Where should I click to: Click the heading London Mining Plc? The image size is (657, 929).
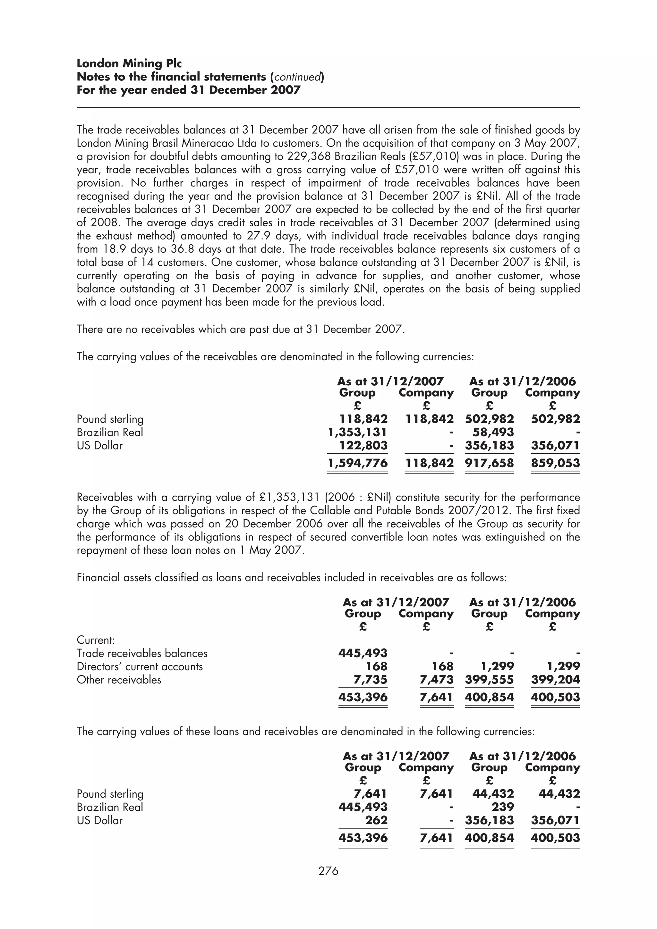(x=129, y=63)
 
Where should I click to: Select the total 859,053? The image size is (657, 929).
(x=555, y=463)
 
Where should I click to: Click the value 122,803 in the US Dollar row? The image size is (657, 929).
(x=363, y=446)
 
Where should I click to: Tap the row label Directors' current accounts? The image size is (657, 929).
(x=140, y=666)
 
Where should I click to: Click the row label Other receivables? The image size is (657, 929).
(x=119, y=680)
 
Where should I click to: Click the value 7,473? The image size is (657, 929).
(x=436, y=680)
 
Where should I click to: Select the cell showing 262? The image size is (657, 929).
(x=376, y=820)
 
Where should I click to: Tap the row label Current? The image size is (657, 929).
(x=96, y=640)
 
